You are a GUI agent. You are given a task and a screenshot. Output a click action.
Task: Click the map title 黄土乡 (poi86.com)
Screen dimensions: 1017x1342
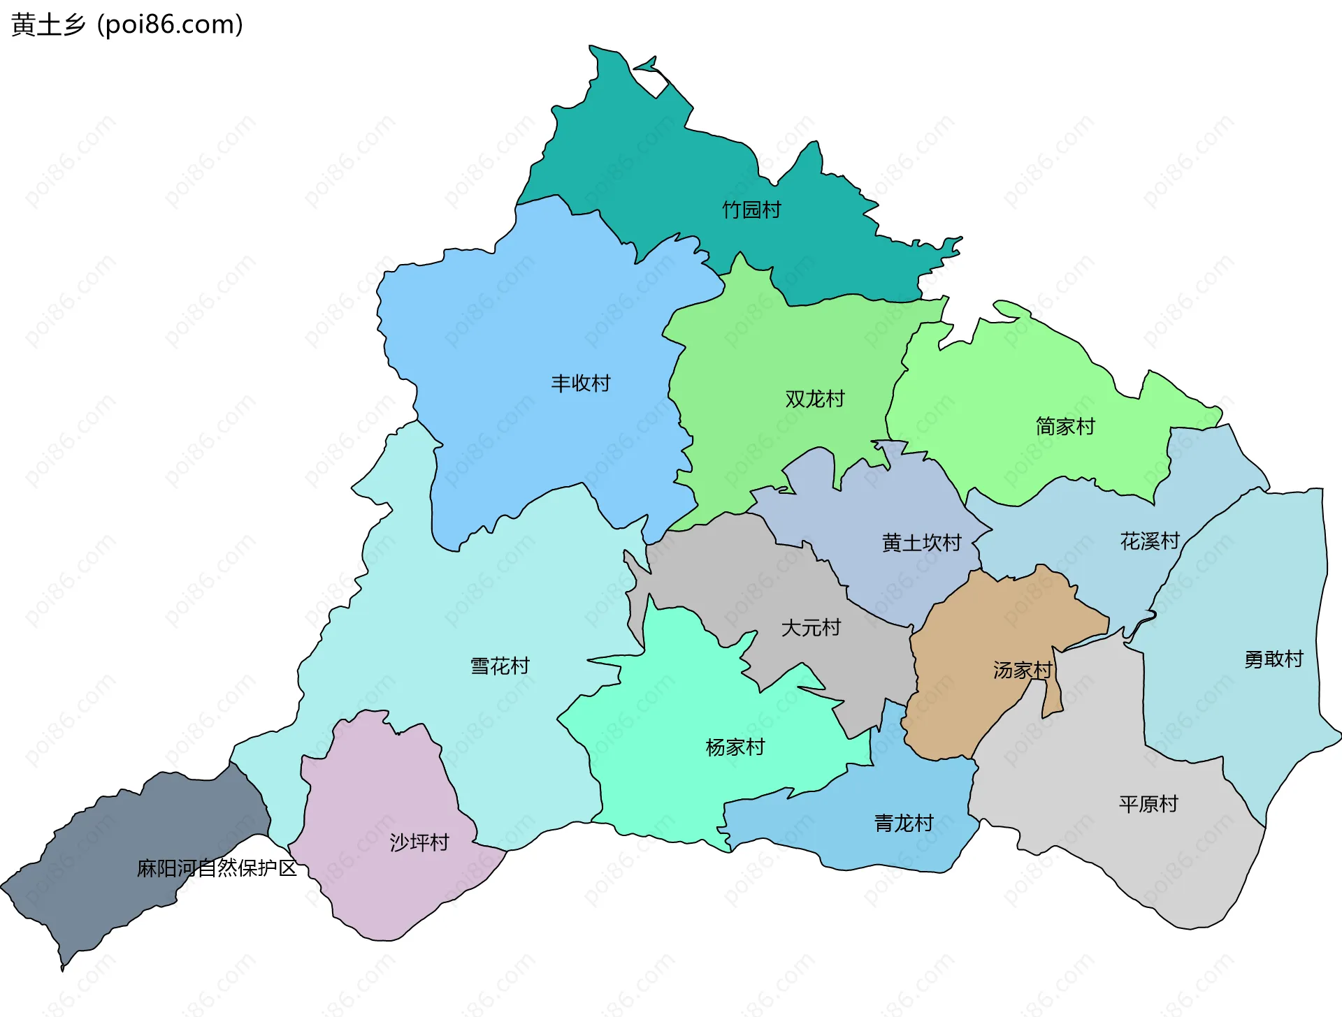click(x=127, y=25)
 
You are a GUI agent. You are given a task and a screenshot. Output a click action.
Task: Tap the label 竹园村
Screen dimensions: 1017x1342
click(x=751, y=210)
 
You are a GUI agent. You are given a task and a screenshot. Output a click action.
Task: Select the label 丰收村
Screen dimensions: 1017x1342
click(x=580, y=383)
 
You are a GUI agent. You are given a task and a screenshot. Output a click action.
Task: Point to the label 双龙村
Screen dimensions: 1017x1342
click(x=815, y=399)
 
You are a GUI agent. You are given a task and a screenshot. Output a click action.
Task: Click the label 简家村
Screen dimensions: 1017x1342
click(x=1065, y=426)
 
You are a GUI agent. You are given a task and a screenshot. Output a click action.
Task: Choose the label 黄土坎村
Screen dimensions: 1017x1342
click(x=921, y=543)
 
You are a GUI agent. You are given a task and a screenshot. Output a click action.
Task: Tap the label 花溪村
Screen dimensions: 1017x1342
click(x=1150, y=541)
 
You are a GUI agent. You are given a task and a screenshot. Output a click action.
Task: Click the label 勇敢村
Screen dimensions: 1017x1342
click(x=1274, y=659)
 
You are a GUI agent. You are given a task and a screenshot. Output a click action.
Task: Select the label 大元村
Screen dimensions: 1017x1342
click(x=811, y=627)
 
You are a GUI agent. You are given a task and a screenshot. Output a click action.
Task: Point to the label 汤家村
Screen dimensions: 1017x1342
click(x=1023, y=670)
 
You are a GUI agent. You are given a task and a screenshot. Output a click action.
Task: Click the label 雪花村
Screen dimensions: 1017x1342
click(x=500, y=666)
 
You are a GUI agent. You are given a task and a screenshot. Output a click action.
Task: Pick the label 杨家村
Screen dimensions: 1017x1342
click(x=735, y=747)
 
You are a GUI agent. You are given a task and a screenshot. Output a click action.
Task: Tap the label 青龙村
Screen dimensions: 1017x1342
click(x=904, y=823)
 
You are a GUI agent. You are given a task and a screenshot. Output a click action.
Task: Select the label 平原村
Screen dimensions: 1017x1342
click(x=1148, y=804)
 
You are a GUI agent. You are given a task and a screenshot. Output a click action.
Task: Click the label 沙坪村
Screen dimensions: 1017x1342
click(x=419, y=842)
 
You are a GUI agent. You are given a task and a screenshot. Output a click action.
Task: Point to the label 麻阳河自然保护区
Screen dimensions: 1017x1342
click(x=217, y=868)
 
